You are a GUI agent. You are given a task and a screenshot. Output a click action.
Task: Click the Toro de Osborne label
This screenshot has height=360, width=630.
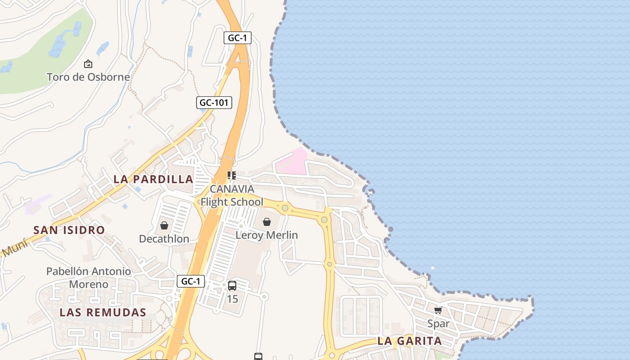pyautogui.click(x=88, y=77)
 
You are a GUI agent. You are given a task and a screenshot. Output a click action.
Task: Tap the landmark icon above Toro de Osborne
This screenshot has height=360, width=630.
pyautogui.click(x=88, y=64)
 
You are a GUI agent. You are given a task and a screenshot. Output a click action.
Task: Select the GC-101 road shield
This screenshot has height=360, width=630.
pyautogui.click(x=214, y=103)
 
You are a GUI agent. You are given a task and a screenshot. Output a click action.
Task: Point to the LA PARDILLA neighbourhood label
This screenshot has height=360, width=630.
pyautogui.click(x=153, y=179)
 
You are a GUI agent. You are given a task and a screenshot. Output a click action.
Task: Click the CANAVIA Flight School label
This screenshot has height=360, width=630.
pyautogui.click(x=232, y=195)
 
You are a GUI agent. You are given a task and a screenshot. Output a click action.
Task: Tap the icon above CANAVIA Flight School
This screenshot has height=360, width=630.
pyautogui.click(x=232, y=175)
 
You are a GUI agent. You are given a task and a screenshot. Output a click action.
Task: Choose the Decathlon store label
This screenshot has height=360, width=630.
pyautogui.click(x=164, y=238)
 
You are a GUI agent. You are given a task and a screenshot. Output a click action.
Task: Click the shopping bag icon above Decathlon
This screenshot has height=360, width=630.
pyautogui.click(x=164, y=225)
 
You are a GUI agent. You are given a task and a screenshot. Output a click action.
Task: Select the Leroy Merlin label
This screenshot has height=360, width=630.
pyautogui.click(x=267, y=235)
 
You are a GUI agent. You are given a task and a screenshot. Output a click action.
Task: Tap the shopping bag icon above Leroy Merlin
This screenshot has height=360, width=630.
pyautogui.click(x=267, y=221)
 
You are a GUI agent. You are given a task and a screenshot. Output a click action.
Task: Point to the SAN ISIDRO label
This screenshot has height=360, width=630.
pyautogui.click(x=69, y=230)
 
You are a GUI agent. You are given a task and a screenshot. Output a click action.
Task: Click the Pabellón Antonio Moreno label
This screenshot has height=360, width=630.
pyautogui.click(x=89, y=278)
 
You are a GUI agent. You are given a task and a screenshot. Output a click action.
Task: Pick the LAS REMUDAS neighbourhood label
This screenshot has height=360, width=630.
pyautogui.click(x=103, y=312)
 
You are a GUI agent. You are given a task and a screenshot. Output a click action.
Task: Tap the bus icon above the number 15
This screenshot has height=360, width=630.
pyautogui.click(x=232, y=285)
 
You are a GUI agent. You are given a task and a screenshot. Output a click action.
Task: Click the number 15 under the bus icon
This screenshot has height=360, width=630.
pyautogui.click(x=232, y=299)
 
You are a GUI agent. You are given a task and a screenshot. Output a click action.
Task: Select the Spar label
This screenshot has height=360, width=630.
pyautogui.click(x=438, y=324)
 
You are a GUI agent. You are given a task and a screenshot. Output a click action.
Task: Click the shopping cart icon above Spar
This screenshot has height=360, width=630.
pyautogui.click(x=438, y=310)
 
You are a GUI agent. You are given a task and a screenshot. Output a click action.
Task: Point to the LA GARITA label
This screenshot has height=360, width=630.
pyautogui.click(x=409, y=341)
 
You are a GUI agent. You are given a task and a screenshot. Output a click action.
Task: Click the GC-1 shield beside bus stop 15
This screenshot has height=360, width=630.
pyautogui.click(x=191, y=282)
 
